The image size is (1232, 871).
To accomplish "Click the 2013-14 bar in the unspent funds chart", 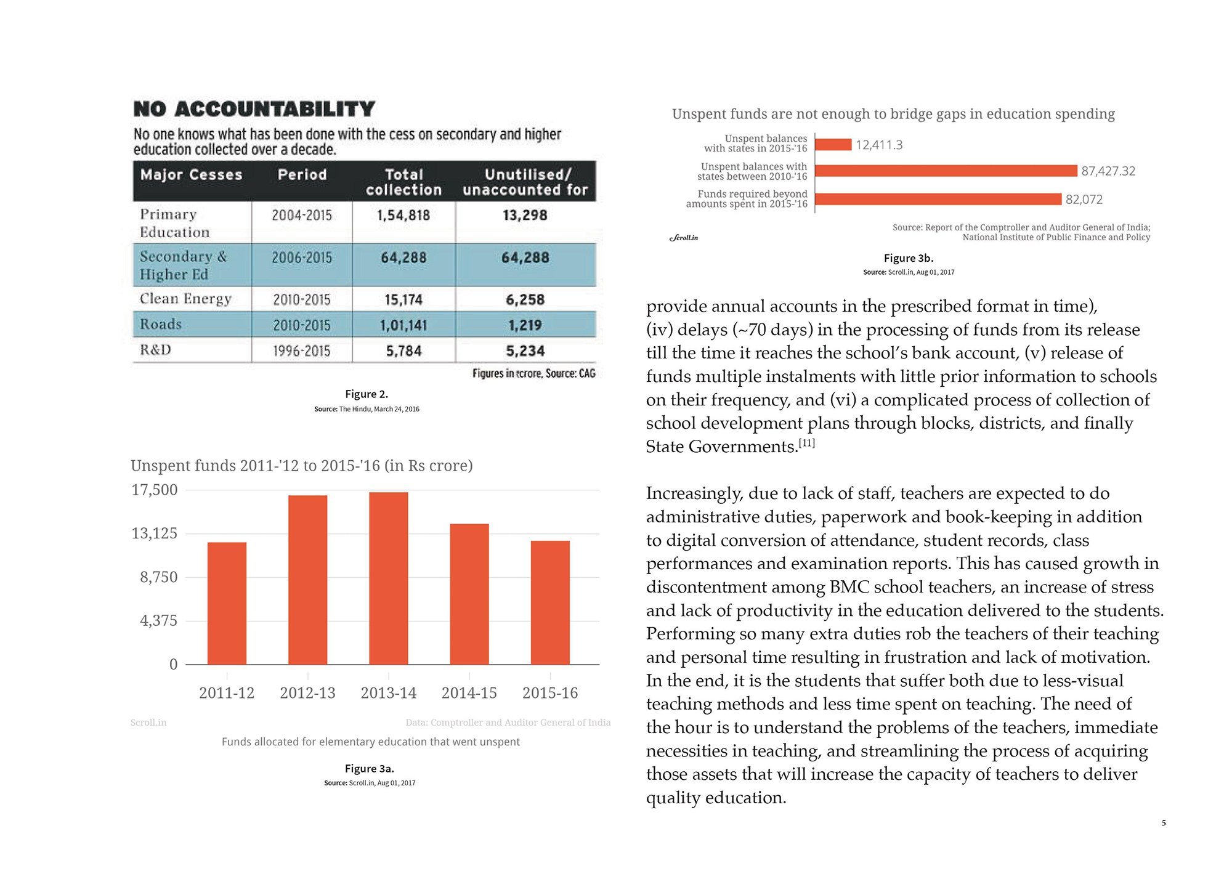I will coord(389,578).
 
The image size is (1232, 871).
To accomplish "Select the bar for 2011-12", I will coord(227,603).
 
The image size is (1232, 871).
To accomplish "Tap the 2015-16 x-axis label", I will coord(550,693).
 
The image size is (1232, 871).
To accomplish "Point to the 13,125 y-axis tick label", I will coord(154,533).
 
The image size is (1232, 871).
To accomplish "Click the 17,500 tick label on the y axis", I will coord(154,490).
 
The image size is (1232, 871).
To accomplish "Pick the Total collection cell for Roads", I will coord(404,325).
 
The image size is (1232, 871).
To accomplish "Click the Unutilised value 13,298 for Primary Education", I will coord(525,215).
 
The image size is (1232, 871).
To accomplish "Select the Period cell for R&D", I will coord(302,351).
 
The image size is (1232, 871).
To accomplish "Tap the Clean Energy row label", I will coord(185,299).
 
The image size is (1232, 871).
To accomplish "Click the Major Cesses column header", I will coord(191,175).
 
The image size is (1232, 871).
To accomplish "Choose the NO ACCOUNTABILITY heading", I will coord(254,109).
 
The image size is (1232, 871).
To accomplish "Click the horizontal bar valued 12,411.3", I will coord(833,145).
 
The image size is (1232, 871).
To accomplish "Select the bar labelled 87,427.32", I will coord(946,171).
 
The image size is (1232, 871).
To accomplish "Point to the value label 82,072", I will coord(1084,200).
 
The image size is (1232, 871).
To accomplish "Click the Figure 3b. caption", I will coord(909,258).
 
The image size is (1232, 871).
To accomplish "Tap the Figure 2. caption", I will coord(367,394).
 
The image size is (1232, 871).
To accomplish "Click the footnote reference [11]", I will coord(807,443).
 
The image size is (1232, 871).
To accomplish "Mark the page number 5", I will coord(1164,823).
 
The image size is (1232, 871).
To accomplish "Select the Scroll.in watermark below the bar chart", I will coord(148,723).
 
